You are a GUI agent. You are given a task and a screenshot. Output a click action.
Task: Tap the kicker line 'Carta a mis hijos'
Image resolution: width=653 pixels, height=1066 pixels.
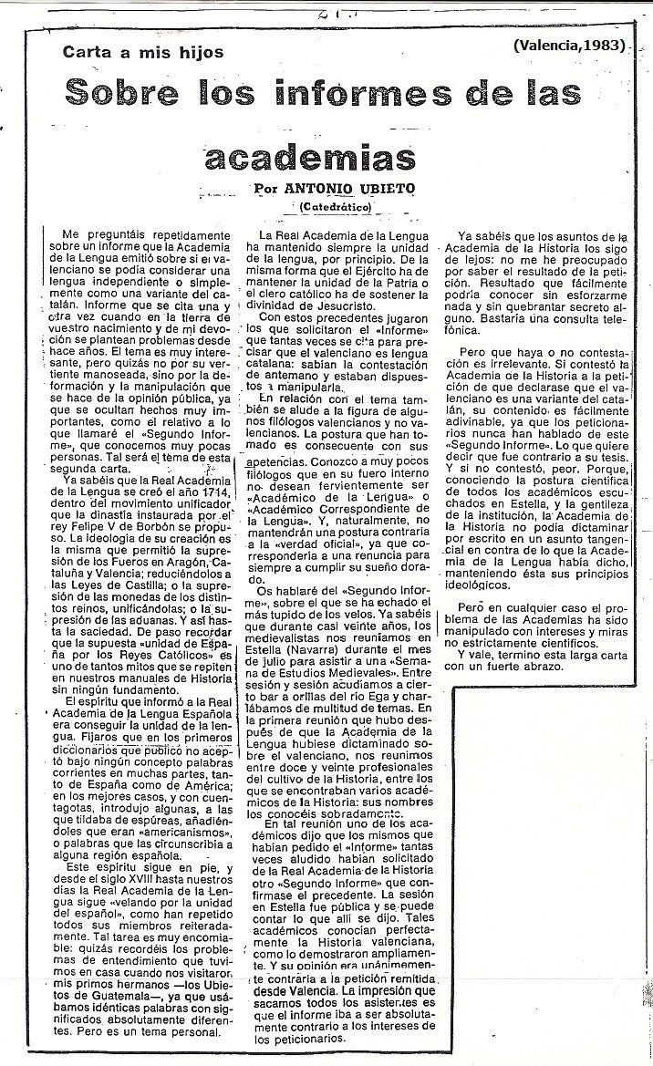pos(142,52)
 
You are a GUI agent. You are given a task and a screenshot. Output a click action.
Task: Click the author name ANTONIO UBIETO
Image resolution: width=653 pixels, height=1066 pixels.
pos(337,188)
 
